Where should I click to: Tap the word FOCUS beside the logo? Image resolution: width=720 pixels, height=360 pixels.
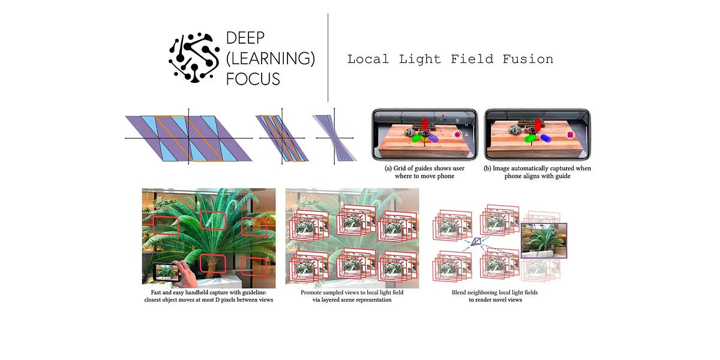coord(253,79)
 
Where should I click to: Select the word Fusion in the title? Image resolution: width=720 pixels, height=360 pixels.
coord(527,59)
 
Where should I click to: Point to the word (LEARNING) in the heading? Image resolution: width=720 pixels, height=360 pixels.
coord(270,59)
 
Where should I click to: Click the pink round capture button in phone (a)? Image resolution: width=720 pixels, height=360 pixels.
coord(457,136)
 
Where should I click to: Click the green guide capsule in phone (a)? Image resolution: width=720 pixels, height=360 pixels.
coord(416,137)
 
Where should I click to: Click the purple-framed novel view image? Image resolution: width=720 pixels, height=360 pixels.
coord(544,240)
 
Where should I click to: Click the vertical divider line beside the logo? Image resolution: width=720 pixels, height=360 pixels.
coord(328,58)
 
